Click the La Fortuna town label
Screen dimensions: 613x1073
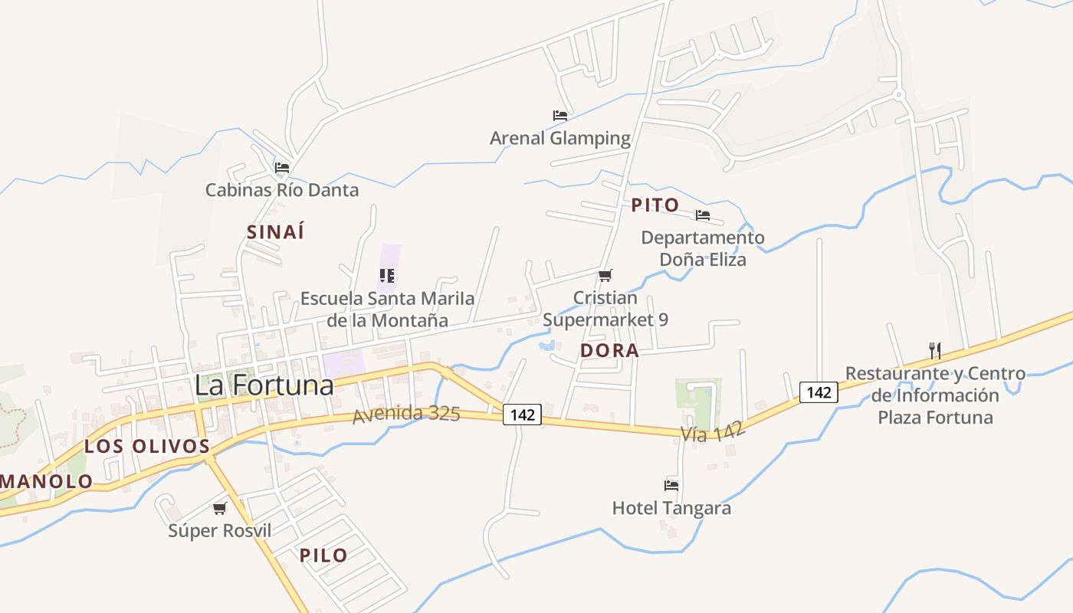pyautogui.click(x=264, y=385)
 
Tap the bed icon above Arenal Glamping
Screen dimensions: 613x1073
pyautogui.click(x=560, y=116)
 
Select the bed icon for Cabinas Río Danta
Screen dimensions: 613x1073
pyautogui.click(x=282, y=167)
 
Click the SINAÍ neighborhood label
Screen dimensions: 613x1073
pyautogui.click(x=276, y=232)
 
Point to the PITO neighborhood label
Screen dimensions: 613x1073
pyautogui.click(x=655, y=205)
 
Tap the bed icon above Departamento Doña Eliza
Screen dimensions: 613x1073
pyautogui.click(x=703, y=215)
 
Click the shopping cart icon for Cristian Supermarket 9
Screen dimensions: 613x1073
pyautogui.click(x=605, y=275)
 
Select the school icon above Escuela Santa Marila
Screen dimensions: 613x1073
pyautogui.click(x=387, y=276)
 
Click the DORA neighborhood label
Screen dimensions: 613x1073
pyautogui.click(x=609, y=350)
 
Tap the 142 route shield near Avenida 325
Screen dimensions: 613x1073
pyautogui.click(x=523, y=415)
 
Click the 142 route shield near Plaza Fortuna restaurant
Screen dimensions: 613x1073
pyautogui.click(x=819, y=392)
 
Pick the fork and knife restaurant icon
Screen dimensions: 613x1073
pyautogui.click(x=934, y=351)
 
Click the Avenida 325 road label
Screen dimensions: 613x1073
pyautogui.click(x=406, y=415)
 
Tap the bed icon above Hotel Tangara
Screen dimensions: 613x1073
pyautogui.click(x=671, y=485)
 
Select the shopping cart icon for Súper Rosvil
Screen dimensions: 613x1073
pyautogui.click(x=220, y=508)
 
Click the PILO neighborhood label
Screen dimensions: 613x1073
pyautogui.click(x=323, y=556)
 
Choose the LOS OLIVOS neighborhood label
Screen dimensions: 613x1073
pyautogui.click(x=147, y=446)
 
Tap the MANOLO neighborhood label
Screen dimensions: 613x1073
pyautogui.click(x=46, y=482)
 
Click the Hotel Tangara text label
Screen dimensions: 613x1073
pyautogui.click(x=671, y=508)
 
